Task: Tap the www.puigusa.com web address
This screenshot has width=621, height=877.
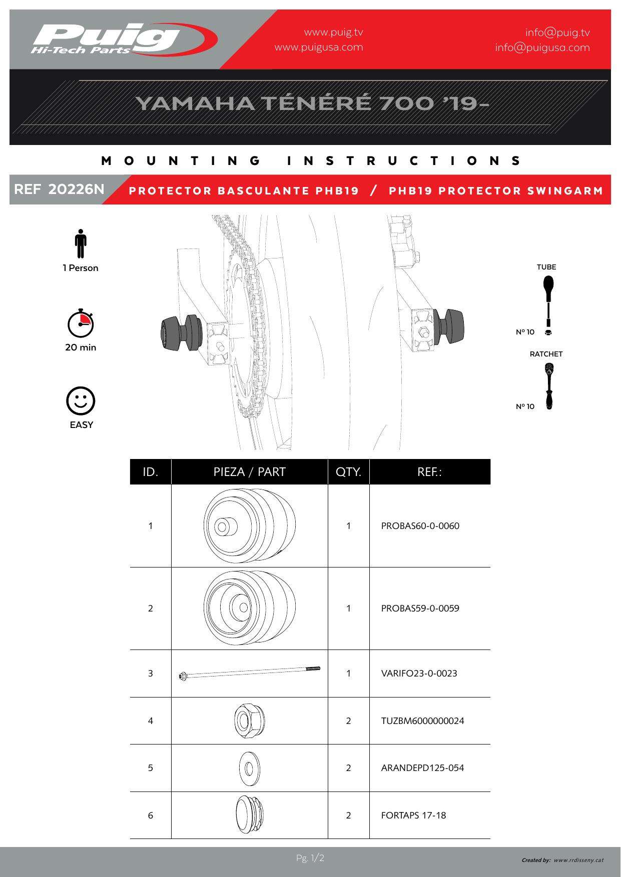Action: [319, 47]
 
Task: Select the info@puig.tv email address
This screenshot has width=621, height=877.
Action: [557, 32]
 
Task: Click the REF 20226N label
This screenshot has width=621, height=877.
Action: [59, 189]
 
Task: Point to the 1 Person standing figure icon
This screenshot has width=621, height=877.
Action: [81, 244]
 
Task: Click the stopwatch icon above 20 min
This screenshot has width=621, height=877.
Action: [81, 324]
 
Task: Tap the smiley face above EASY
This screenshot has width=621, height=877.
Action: [81, 401]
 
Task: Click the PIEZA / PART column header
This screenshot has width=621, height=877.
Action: [249, 472]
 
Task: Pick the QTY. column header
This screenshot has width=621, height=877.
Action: [348, 472]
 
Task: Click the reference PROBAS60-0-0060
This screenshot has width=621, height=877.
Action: [420, 526]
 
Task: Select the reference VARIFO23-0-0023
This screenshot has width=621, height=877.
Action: [419, 673]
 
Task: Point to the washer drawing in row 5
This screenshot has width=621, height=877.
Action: [249, 767]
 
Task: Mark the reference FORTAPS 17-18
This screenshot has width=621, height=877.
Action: [413, 815]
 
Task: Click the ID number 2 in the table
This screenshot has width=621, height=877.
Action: [151, 608]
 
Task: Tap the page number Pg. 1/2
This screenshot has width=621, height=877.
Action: [310, 858]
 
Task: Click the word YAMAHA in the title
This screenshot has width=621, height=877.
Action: [195, 103]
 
